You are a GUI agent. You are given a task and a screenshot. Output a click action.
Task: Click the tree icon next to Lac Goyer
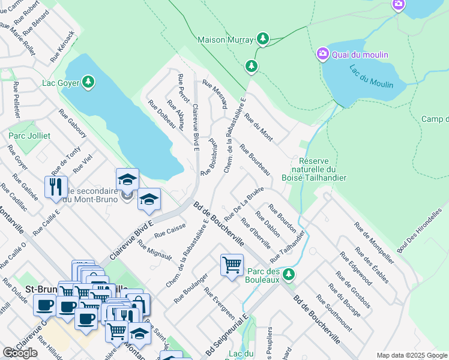point(88,82)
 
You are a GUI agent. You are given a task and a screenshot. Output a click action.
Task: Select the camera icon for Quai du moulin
point(322,55)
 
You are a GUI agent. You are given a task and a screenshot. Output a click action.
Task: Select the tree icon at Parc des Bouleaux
point(289,274)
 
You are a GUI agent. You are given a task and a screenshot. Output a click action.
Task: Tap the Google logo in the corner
point(20,353)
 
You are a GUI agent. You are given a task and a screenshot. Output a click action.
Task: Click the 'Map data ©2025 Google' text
point(411,355)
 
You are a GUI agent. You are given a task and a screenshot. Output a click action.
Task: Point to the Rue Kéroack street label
point(63,47)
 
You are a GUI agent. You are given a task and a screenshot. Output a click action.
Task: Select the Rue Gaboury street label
point(73,124)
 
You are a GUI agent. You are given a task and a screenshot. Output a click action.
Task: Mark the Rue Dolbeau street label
point(161,114)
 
